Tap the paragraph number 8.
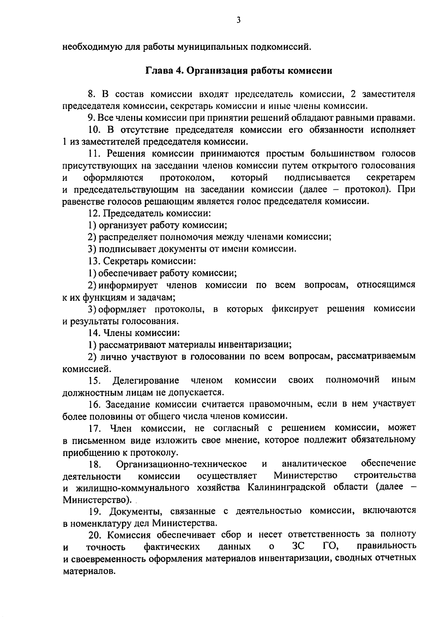[92, 95]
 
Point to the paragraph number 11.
[94, 154]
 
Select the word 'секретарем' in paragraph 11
[391, 178]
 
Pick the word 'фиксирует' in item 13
[295, 309]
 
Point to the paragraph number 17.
[94, 428]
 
